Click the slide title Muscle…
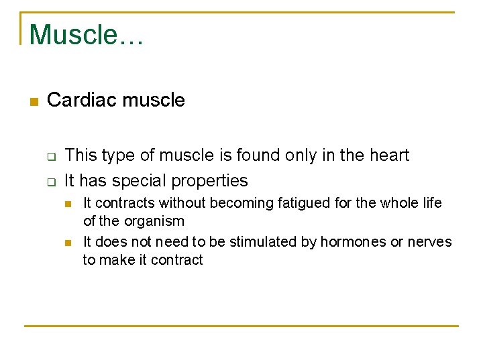pyautogui.click(x=86, y=34)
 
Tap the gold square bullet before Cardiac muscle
pyautogui.click(x=34, y=102)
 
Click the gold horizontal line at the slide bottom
pyautogui.click(x=241, y=326)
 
